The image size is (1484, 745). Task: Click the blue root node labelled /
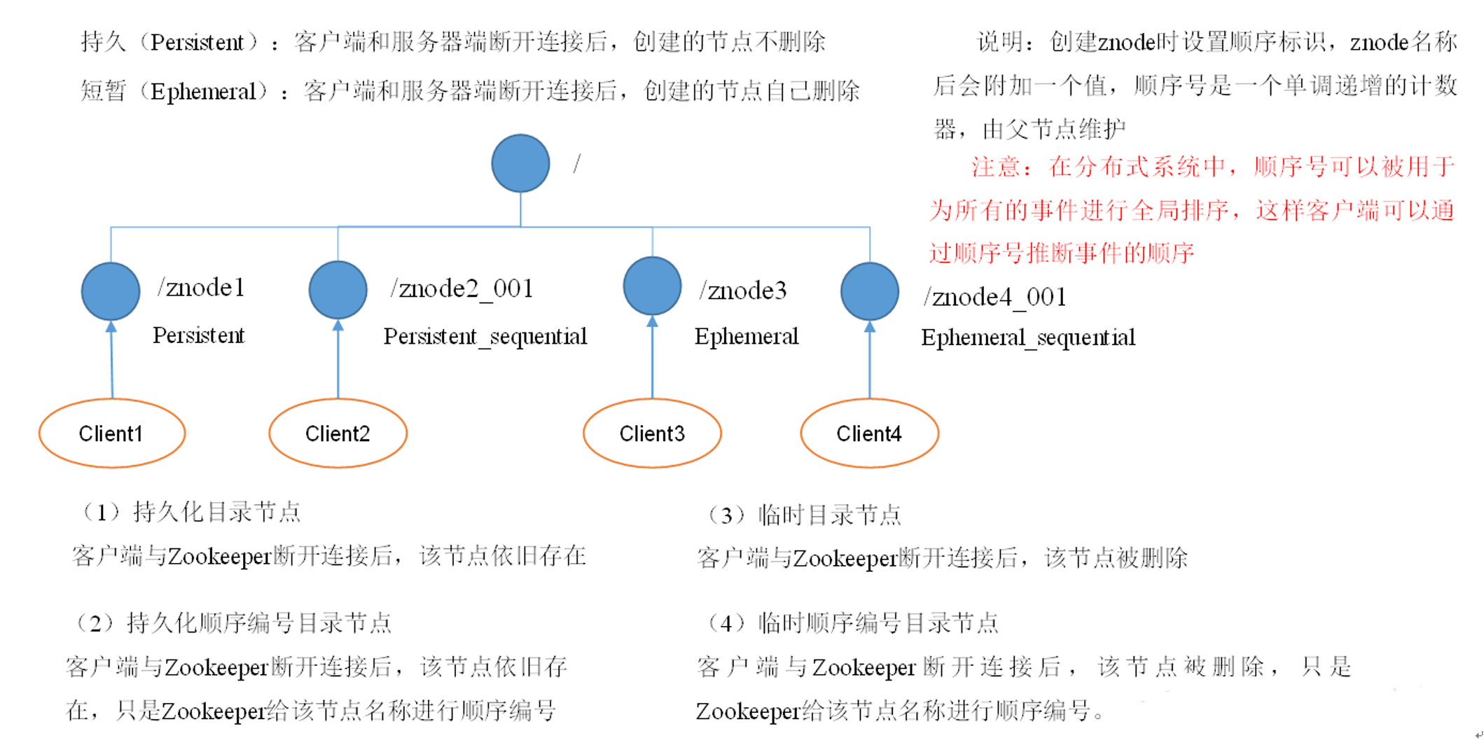tap(520, 163)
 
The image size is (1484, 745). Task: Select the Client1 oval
tap(112, 433)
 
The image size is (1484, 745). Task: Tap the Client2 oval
tap(338, 433)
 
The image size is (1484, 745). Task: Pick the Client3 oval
tap(652, 433)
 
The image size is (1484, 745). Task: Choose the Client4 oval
tap(869, 433)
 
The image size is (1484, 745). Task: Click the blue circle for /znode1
tap(111, 291)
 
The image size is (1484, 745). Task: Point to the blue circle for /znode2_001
tap(338, 290)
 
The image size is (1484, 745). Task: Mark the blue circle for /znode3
tap(652, 286)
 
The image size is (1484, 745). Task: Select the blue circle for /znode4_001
tap(870, 291)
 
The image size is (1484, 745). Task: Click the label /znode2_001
tap(462, 288)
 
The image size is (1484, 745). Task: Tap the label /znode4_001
tap(994, 298)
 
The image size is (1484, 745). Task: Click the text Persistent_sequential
tap(485, 337)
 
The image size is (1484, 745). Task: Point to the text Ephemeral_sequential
tap(1027, 338)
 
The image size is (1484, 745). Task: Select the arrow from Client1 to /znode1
tap(111, 361)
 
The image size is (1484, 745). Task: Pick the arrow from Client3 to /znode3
tap(652, 358)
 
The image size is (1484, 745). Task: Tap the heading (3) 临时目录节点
tap(803, 516)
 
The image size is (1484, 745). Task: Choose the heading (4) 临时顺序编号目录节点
tap(852, 622)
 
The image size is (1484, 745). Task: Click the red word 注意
tap(995, 167)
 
